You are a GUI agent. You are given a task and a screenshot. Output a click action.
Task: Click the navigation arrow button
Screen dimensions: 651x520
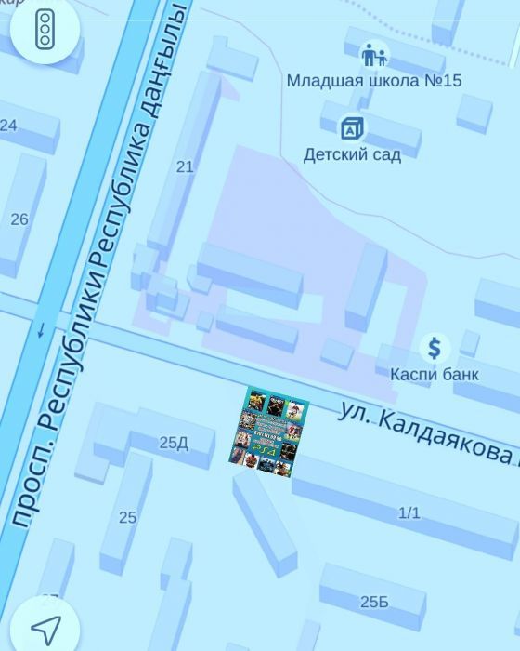44,628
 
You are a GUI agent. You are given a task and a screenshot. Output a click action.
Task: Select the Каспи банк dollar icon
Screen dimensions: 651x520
434,349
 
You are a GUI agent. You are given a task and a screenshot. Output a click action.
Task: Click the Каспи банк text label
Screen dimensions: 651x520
434,374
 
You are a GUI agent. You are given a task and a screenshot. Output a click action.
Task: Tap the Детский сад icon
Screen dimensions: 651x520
351,127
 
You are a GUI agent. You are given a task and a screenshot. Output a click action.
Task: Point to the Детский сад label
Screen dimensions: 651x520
352,154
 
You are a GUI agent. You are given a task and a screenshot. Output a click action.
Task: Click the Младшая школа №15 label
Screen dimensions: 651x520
373,81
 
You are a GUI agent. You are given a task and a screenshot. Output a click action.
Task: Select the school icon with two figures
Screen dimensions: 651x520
373,56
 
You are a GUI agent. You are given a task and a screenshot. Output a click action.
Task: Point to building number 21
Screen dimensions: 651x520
185,166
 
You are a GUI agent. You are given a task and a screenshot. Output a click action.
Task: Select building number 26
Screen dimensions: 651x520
19,219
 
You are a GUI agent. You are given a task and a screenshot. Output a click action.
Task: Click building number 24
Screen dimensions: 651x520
8,125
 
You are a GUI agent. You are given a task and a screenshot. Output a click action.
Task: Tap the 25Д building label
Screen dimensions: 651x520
174,443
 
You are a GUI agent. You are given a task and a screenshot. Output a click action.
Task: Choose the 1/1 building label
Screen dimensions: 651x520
409,512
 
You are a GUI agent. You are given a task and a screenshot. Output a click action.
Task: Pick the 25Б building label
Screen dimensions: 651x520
374,602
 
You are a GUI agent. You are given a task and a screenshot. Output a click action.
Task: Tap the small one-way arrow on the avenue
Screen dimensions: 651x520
41,329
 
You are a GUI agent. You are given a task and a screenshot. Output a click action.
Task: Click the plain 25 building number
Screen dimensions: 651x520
127,517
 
